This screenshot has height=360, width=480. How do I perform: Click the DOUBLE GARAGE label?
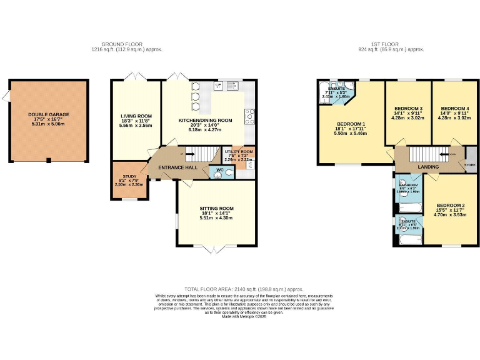pos(48,114)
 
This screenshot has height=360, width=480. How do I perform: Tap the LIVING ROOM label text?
pos(136,116)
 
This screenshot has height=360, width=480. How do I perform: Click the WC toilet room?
pos(219,171)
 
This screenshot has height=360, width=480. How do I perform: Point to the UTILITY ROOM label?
pos(239,152)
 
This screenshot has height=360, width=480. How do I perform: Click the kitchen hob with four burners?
pos(250,116)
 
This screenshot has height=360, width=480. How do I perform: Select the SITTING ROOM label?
pos(216,208)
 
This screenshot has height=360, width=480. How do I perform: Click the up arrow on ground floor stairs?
pos(182,154)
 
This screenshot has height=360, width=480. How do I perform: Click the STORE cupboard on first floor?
pos(470,166)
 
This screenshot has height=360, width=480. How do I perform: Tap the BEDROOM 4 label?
pos(454,108)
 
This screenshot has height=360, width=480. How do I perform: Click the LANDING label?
pos(428,167)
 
